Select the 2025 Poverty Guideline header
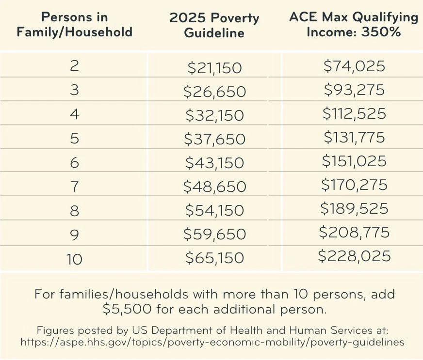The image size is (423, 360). [x=214, y=26]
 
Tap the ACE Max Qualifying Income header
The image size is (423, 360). [x=354, y=24]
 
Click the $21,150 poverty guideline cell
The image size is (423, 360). [x=214, y=68]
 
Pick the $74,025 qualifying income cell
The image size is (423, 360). [x=354, y=66]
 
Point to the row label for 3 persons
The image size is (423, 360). [x=74, y=91]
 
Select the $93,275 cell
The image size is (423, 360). [x=354, y=90]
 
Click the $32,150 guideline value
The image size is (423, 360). [x=214, y=115]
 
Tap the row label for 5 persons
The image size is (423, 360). [x=74, y=139]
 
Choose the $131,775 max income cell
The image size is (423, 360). [x=354, y=138]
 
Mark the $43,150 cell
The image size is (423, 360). [x=214, y=163]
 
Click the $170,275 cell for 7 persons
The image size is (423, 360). [x=354, y=185]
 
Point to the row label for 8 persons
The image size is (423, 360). [x=74, y=210]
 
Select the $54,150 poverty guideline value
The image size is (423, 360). [x=214, y=210]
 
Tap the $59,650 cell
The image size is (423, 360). [x=214, y=234]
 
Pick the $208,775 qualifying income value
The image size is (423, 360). [x=354, y=233]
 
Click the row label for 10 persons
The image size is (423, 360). [x=74, y=258]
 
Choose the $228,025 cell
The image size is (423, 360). [x=354, y=256]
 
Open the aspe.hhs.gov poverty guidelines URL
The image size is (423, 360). [x=211, y=342]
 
